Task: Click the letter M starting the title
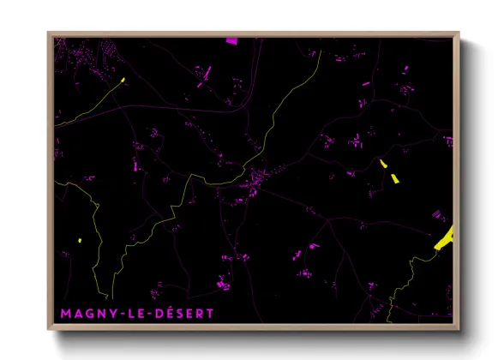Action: [x=66, y=314]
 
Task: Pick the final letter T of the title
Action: [x=210, y=314]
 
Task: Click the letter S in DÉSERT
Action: [x=181, y=314]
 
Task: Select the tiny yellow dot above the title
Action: [x=79, y=240]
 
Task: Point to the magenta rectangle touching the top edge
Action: [x=231, y=40]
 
